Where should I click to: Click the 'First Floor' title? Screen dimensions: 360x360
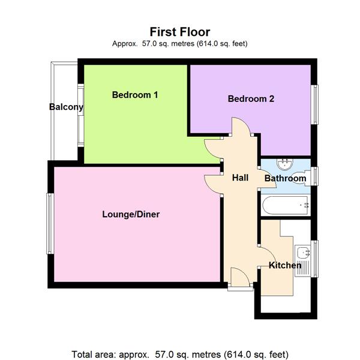(180, 32)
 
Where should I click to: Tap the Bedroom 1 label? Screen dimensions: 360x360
(135, 95)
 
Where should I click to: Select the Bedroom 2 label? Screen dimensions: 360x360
(251, 99)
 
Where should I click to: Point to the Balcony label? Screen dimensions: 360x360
(66, 107)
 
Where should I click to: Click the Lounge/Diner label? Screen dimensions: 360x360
(131, 214)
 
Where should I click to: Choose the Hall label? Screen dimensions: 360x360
(241, 178)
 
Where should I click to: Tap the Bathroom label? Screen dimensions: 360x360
(285, 178)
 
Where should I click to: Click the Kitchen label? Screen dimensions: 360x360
(285, 265)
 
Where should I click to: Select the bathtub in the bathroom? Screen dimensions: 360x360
(286, 206)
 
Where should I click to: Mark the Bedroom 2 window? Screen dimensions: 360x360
(314, 104)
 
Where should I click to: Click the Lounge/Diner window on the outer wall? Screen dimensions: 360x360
(50, 223)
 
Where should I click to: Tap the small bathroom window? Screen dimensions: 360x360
(315, 176)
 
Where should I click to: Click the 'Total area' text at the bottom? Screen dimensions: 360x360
(180, 353)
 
